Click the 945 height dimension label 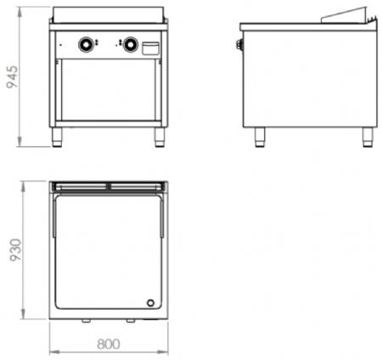click(12, 77)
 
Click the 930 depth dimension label click(15, 250)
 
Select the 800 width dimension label click(109, 344)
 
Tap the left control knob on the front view click(86, 44)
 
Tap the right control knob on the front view click(131, 44)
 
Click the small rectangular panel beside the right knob click(150, 48)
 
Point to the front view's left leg click(57, 138)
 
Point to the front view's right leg click(160, 138)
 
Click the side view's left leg click(260, 138)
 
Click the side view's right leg click(368, 138)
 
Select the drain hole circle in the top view click(150, 303)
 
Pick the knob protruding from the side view click(240, 44)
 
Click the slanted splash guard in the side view click(344, 14)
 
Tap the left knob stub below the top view click(87, 321)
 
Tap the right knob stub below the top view click(131, 321)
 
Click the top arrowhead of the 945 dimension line click(20, 11)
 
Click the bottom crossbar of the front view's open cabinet click(109, 124)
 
